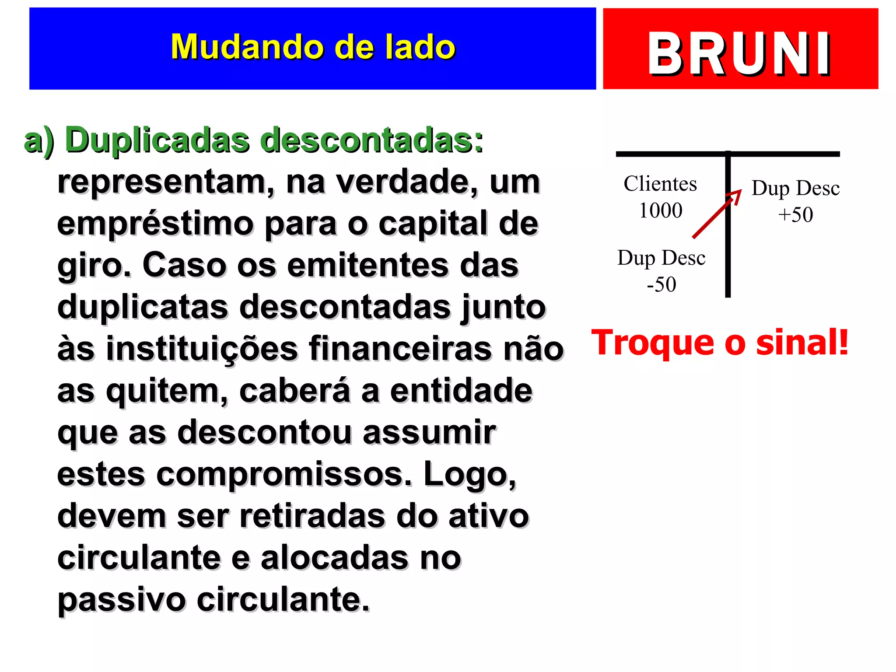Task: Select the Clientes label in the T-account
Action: (x=660, y=184)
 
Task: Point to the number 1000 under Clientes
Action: (x=661, y=210)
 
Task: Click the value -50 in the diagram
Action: (x=661, y=284)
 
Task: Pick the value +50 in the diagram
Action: (x=795, y=215)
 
